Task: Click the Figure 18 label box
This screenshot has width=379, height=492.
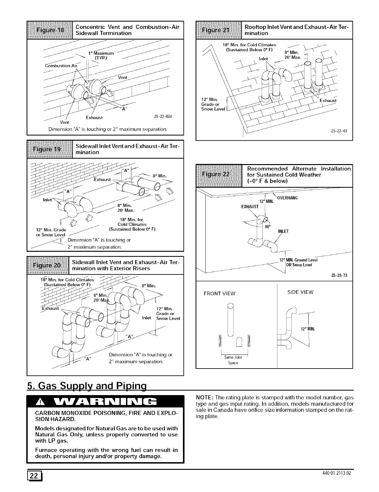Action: click(x=50, y=30)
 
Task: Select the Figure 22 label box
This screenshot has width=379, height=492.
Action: click(x=219, y=174)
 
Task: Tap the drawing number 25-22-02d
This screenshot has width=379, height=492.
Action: click(x=164, y=117)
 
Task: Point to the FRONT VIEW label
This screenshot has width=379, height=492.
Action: click(x=219, y=294)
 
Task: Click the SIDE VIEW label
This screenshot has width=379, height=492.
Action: click(x=300, y=292)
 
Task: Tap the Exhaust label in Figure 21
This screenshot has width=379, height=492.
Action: click(x=328, y=101)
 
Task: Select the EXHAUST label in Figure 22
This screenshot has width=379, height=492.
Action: click(x=250, y=207)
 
